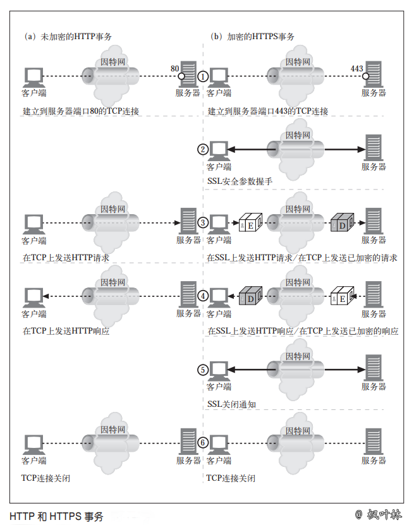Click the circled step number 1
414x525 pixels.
click(x=203, y=76)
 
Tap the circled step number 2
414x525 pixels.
click(x=203, y=150)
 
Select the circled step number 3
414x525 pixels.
click(x=203, y=222)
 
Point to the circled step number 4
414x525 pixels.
click(x=203, y=296)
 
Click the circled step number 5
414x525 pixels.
click(x=203, y=370)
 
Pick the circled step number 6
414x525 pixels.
click(x=203, y=443)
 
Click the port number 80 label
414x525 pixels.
click(x=176, y=68)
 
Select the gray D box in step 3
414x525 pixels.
click(x=341, y=224)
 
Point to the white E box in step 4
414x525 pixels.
click(x=341, y=296)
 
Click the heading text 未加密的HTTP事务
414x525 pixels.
click(x=76, y=37)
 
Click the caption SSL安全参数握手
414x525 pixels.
click(x=240, y=181)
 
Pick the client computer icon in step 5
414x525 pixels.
click(x=219, y=369)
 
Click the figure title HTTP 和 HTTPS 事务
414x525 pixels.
click(x=56, y=516)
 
